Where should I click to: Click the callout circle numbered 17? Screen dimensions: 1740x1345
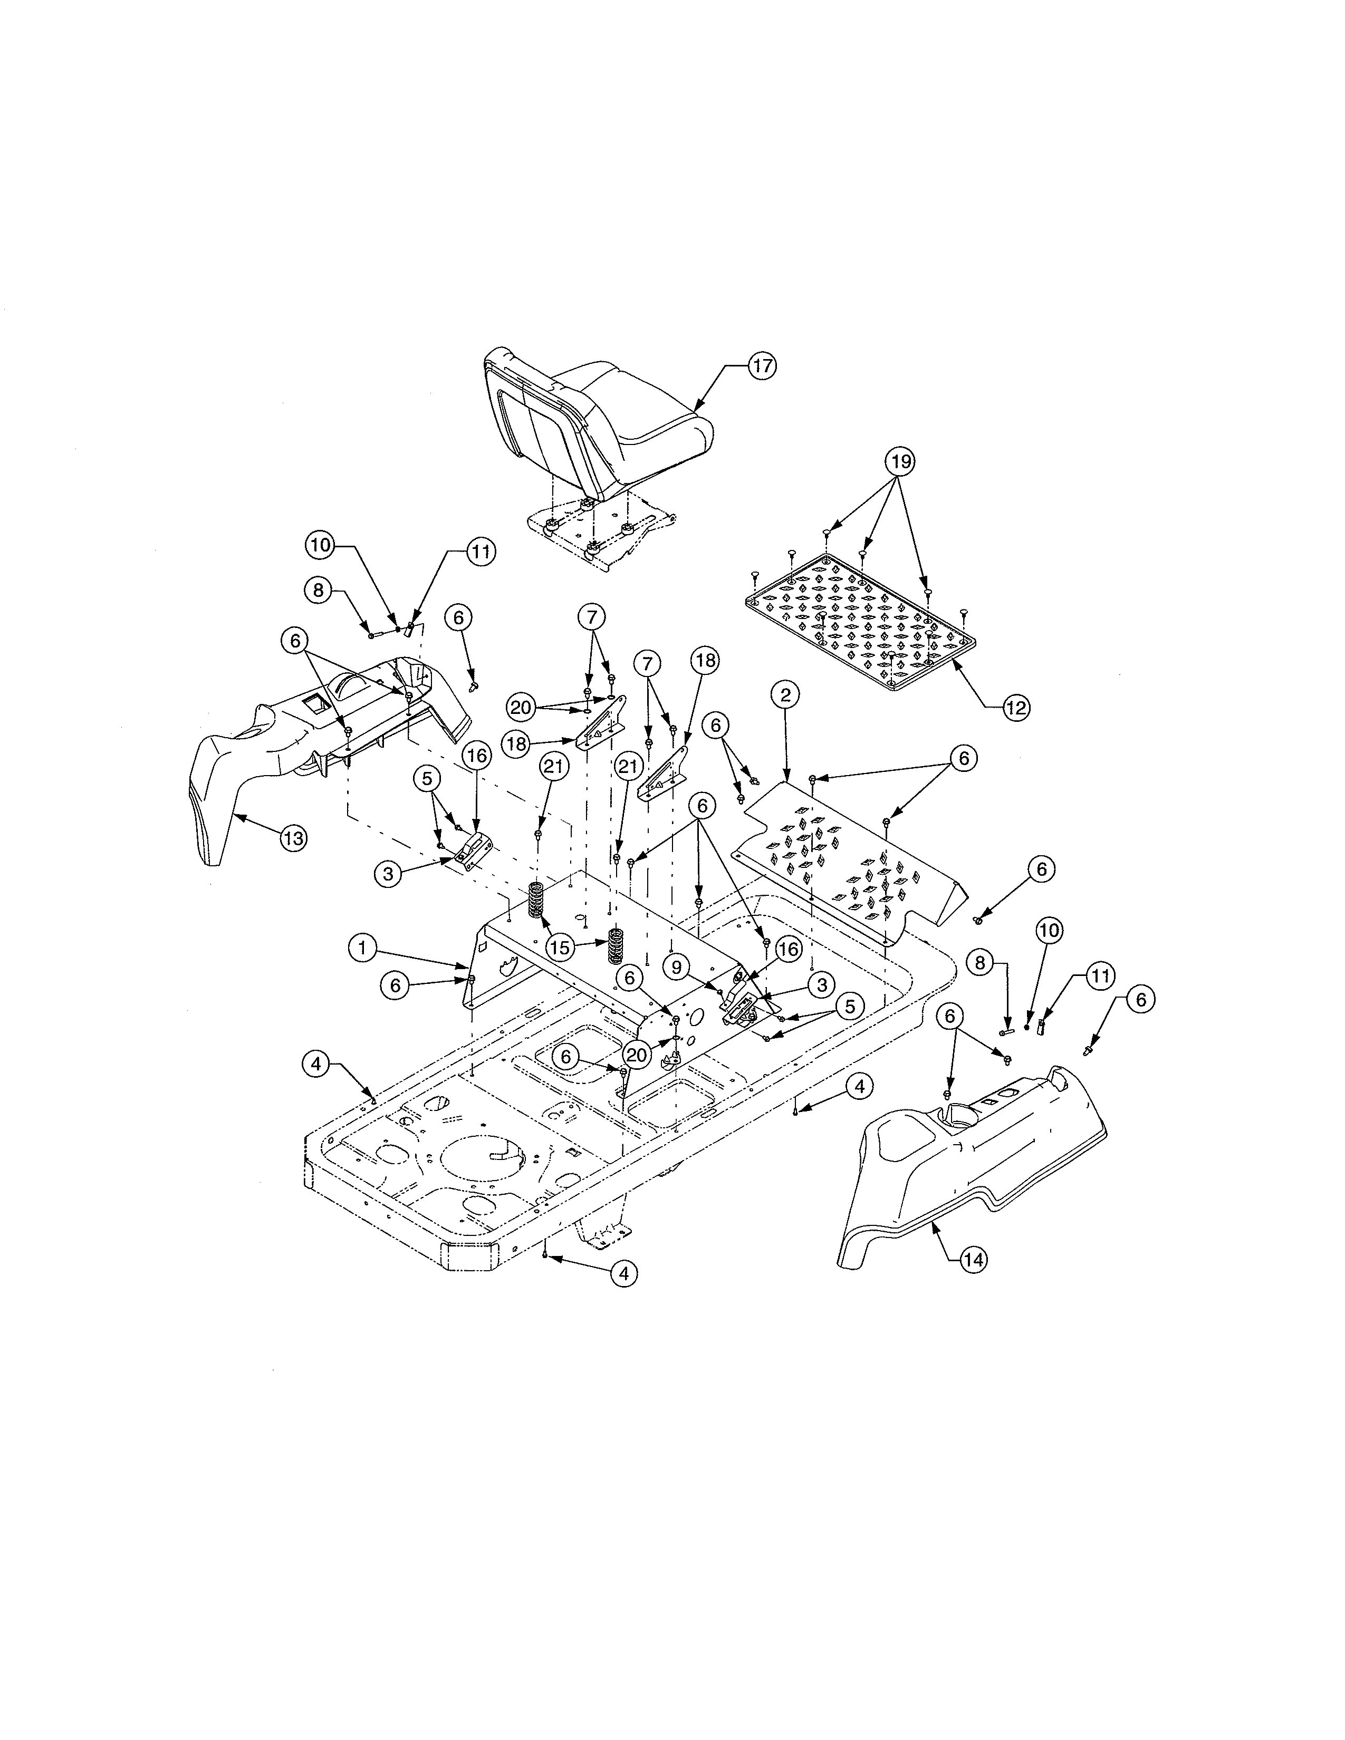tap(762, 366)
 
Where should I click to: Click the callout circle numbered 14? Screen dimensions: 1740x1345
tap(974, 1260)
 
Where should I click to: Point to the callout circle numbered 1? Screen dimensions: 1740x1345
tap(362, 948)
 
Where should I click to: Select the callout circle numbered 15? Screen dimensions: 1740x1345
tap(560, 948)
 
